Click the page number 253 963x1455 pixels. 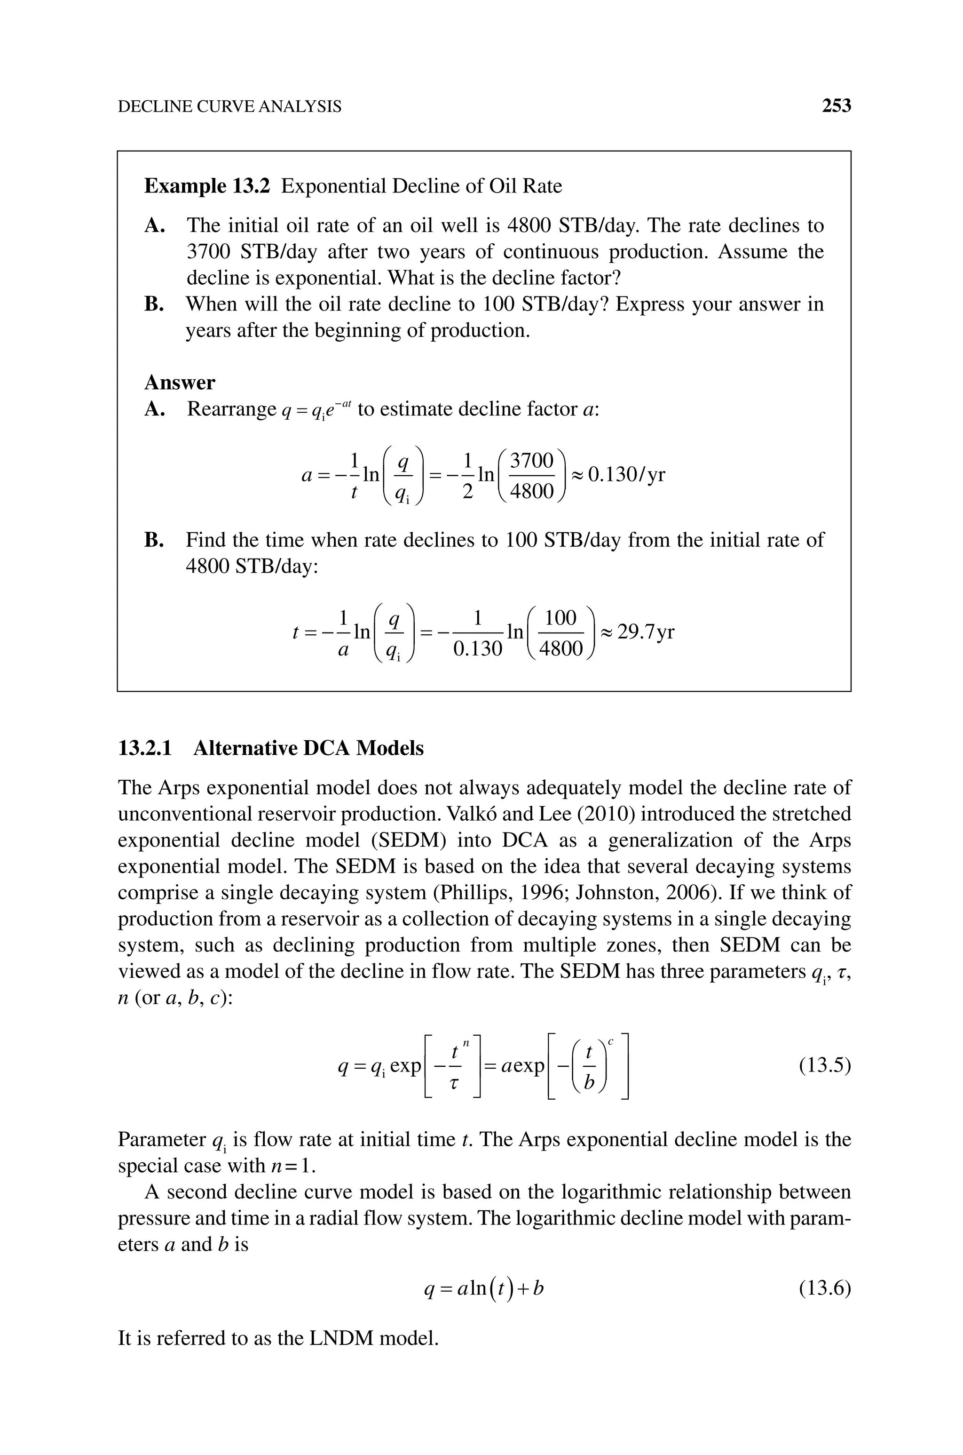[x=836, y=106]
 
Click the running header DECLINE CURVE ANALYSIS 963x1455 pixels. [x=229, y=107]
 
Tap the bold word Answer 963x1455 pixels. [x=179, y=383]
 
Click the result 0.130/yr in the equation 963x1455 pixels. [x=626, y=474]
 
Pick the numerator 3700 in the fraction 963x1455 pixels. [x=532, y=460]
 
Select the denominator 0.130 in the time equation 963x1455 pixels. [x=478, y=649]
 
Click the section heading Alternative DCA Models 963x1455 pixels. [x=308, y=748]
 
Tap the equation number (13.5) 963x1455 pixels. [x=825, y=1065]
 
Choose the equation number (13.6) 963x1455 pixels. [x=825, y=1288]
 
